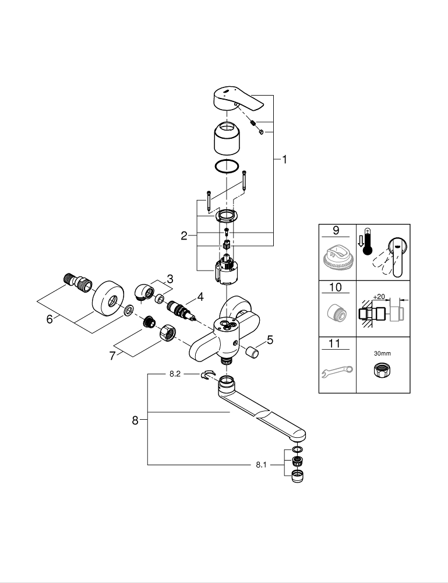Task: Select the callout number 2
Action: pyautogui.click(x=184, y=236)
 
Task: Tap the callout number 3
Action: pyautogui.click(x=170, y=279)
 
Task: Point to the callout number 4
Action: pyautogui.click(x=200, y=297)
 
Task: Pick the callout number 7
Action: pyautogui.click(x=112, y=355)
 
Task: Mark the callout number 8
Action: pyautogui.click(x=135, y=420)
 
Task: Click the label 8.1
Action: pyautogui.click(x=260, y=465)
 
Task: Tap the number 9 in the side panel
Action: pyautogui.click(x=335, y=231)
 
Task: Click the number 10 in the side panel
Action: pyautogui.click(x=335, y=287)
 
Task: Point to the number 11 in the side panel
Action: pyautogui.click(x=335, y=343)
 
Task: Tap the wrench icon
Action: pyautogui.click(x=336, y=371)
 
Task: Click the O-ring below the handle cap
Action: pyautogui.click(x=227, y=166)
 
